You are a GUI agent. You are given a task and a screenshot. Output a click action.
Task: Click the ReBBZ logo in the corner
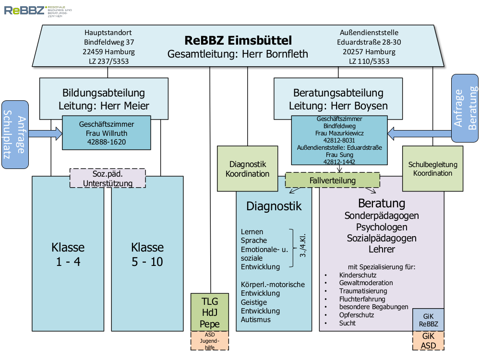coord(24,10)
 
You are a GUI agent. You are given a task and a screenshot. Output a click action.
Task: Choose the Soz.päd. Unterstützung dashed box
coord(108,178)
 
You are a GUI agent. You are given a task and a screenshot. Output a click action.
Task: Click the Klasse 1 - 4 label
coord(68,254)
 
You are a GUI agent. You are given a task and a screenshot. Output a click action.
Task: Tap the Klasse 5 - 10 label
coord(147,254)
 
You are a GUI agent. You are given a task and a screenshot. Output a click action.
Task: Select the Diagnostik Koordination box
coord(248,169)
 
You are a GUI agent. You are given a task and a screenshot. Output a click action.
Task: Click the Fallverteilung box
coord(333,180)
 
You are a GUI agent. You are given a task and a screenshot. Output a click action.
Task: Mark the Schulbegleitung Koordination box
coord(432,169)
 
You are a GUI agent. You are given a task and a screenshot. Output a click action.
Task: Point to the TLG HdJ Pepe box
coord(209,312)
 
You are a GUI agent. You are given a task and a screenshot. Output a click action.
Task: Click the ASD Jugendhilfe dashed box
coord(209,340)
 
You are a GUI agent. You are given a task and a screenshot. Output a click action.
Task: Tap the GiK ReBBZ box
coord(428,320)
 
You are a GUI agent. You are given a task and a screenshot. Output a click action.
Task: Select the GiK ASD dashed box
coord(428,340)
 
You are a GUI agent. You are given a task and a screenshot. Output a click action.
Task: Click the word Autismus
coord(256,320)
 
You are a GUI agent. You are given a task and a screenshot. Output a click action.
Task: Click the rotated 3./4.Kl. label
coord(302,248)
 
